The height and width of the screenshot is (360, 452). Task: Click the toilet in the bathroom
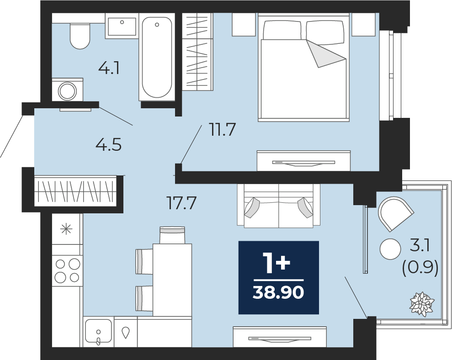[x=80, y=36]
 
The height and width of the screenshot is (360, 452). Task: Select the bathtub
[x=157, y=58]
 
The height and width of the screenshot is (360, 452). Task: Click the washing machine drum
[x=68, y=91]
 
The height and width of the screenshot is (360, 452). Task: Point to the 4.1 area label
[x=109, y=69]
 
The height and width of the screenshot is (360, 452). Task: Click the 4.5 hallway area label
[x=108, y=145]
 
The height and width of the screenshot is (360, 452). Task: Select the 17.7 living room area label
[x=182, y=203]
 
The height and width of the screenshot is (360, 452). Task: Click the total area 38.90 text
[x=278, y=293]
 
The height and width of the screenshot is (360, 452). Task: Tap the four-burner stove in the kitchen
[x=68, y=270]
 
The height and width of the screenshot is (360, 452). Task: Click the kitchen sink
[x=98, y=331]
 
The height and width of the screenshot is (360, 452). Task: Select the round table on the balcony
[x=391, y=249]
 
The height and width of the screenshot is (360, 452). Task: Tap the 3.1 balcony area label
[x=420, y=247]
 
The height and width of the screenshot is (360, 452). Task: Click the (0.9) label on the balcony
[x=420, y=269]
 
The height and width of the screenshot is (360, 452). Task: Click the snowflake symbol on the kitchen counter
[x=66, y=229]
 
